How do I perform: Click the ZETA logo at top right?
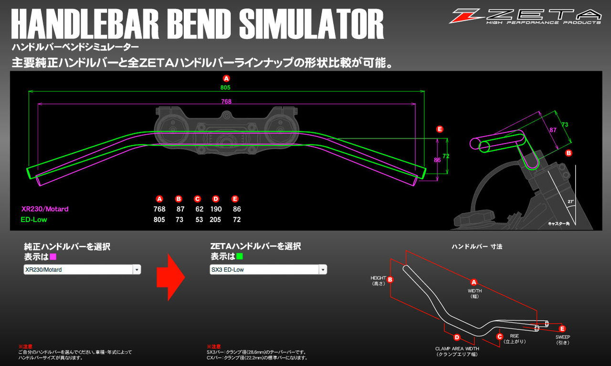(525, 16)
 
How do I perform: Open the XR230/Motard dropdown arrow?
(137, 270)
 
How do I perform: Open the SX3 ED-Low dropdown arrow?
(323, 270)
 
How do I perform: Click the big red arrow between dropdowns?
(170, 276)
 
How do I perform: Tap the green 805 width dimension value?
(226, 88)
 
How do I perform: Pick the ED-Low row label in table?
(34, 220)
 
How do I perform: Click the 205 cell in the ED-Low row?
(216, 220)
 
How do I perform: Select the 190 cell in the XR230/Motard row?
(216, 209)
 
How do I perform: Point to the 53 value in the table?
(199, 220)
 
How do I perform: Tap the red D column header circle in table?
(216, 199)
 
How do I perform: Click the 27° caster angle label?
(571, 202)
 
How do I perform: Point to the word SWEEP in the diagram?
(562, 337)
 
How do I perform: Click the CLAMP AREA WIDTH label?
(457, 348)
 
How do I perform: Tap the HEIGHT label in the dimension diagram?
(378, 278)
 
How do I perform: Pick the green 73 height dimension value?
(565, 124)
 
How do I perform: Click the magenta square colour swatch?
(53, 256)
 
